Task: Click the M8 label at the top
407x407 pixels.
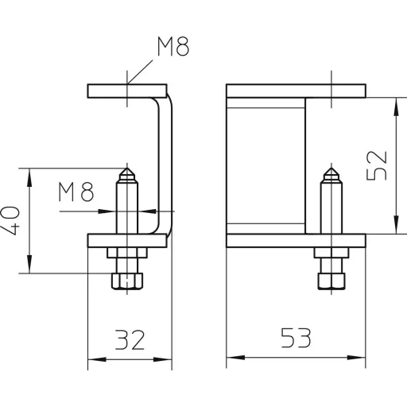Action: coord(173,47)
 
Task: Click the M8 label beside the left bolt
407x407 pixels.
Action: coord(76,192)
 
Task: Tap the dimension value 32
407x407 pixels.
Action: coord(130,339)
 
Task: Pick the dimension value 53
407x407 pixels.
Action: coord(296,338)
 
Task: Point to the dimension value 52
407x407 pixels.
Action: coord(377,165)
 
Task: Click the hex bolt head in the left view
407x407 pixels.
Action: coord(127,281)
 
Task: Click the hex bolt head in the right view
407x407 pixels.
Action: coord(331,281)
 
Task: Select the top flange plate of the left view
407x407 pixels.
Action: coord(127,91)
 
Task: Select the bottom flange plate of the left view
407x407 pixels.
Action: coord(127,241)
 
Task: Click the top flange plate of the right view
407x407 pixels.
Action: coord(296,91)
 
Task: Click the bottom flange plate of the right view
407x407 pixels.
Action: coord(296,241)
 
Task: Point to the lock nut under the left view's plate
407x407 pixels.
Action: coord(127,253)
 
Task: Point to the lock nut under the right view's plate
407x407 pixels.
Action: coord(331,253)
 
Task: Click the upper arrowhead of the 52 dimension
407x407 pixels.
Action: coord(396,107)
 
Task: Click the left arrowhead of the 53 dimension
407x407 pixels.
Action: coord(236,358)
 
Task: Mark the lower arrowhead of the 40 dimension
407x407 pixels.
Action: coord(29,264)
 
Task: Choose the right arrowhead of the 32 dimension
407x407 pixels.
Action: coord(163,359)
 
